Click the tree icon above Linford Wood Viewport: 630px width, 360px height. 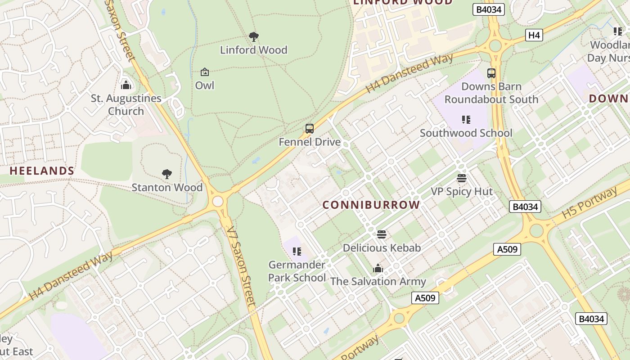(x=254, y=36)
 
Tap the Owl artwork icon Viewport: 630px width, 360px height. (x=205, y=72)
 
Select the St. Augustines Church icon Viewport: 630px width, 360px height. (x=126, y=85)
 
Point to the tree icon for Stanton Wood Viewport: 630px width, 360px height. (x=167, y=174)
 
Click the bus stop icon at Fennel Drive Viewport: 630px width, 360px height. (x=310, y=129)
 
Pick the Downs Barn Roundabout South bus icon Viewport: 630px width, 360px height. (x=491, y=73)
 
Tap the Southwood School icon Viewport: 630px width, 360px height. (x=466, y=120)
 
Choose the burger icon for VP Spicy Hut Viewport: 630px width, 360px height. (x=462, y=178)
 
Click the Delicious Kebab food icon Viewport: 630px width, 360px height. (x=382, y=234)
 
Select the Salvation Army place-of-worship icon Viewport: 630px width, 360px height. (x=378, y=269)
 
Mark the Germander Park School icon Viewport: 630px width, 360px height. (x=297, y=251)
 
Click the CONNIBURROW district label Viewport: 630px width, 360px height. (x=371, y=205)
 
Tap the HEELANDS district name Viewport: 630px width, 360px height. (x=42, y=171)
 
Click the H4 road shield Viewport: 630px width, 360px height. (x=534, y=35)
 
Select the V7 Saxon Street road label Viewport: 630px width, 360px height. (x=241, y=265)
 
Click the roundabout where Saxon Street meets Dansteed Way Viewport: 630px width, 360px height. (x=218, y=201)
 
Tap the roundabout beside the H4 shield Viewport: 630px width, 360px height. (x=495, y=45)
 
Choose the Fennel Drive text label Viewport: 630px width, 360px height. (x=310, y=142)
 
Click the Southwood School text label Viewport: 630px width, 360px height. (x=466, y=133)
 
